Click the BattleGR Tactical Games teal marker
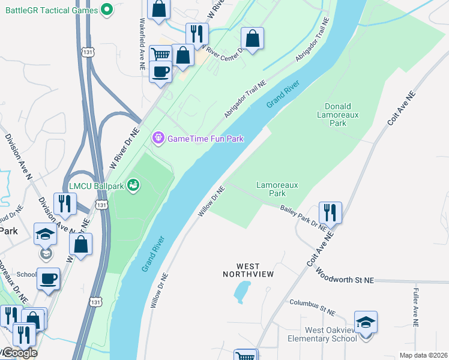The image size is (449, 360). pos(107,9)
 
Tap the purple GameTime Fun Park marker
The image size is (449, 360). pos(158,139)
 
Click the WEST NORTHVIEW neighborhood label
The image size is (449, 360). pos(248,270)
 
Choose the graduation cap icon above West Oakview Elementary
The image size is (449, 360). pos(366,322)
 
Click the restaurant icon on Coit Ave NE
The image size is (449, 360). pos(330,212)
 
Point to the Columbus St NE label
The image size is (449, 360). pos(312,307)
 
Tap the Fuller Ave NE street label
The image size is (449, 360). pos(416,307)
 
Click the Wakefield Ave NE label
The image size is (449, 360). pos(142,36)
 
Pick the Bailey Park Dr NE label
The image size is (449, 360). pos(304,217)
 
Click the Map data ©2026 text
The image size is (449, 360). pos(423,355)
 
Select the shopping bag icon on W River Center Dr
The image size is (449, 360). pos(253,38)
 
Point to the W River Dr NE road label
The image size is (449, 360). pos(124,147)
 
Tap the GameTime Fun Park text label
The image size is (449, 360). pos(205,139)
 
